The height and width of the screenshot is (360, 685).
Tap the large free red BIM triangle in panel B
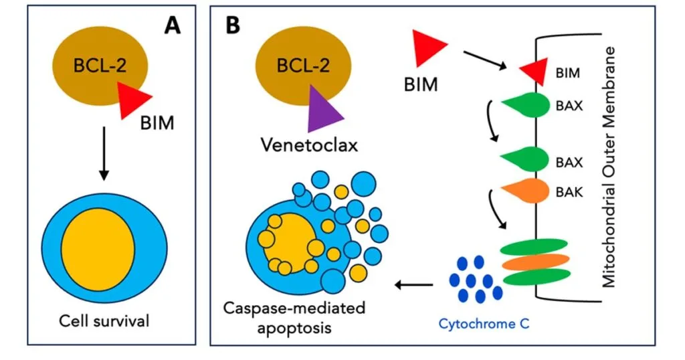pos(427,50)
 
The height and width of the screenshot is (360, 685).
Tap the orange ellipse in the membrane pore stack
pos(535,261)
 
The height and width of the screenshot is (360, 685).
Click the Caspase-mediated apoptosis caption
pos(294,319)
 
